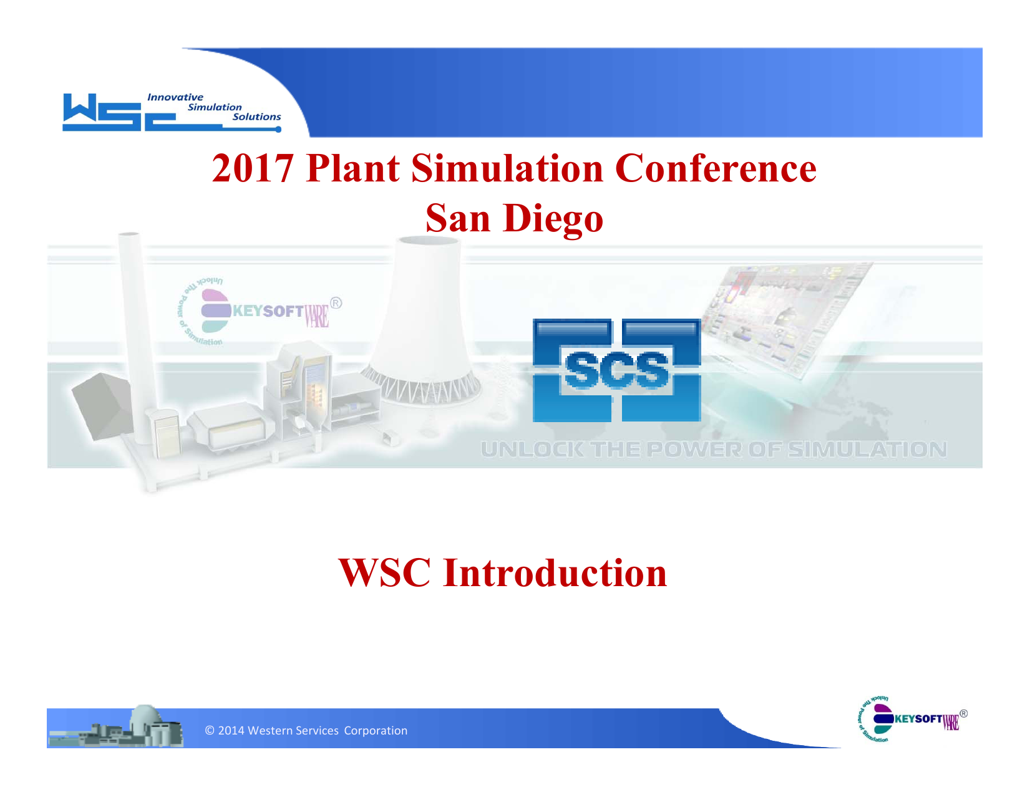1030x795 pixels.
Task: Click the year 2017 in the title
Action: [252, 168]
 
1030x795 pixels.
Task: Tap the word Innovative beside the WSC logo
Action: [175, 97]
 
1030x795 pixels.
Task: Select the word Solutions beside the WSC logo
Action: [256, 117]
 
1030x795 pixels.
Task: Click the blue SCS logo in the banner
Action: [616, 370]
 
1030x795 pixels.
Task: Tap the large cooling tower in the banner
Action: [427, 324]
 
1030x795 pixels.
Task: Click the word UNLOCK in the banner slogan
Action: [532, 450]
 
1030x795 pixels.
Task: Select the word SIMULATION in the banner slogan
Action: [867, 450]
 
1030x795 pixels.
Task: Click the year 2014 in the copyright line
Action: [231, 731]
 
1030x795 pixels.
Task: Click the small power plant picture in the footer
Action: [116, 728]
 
